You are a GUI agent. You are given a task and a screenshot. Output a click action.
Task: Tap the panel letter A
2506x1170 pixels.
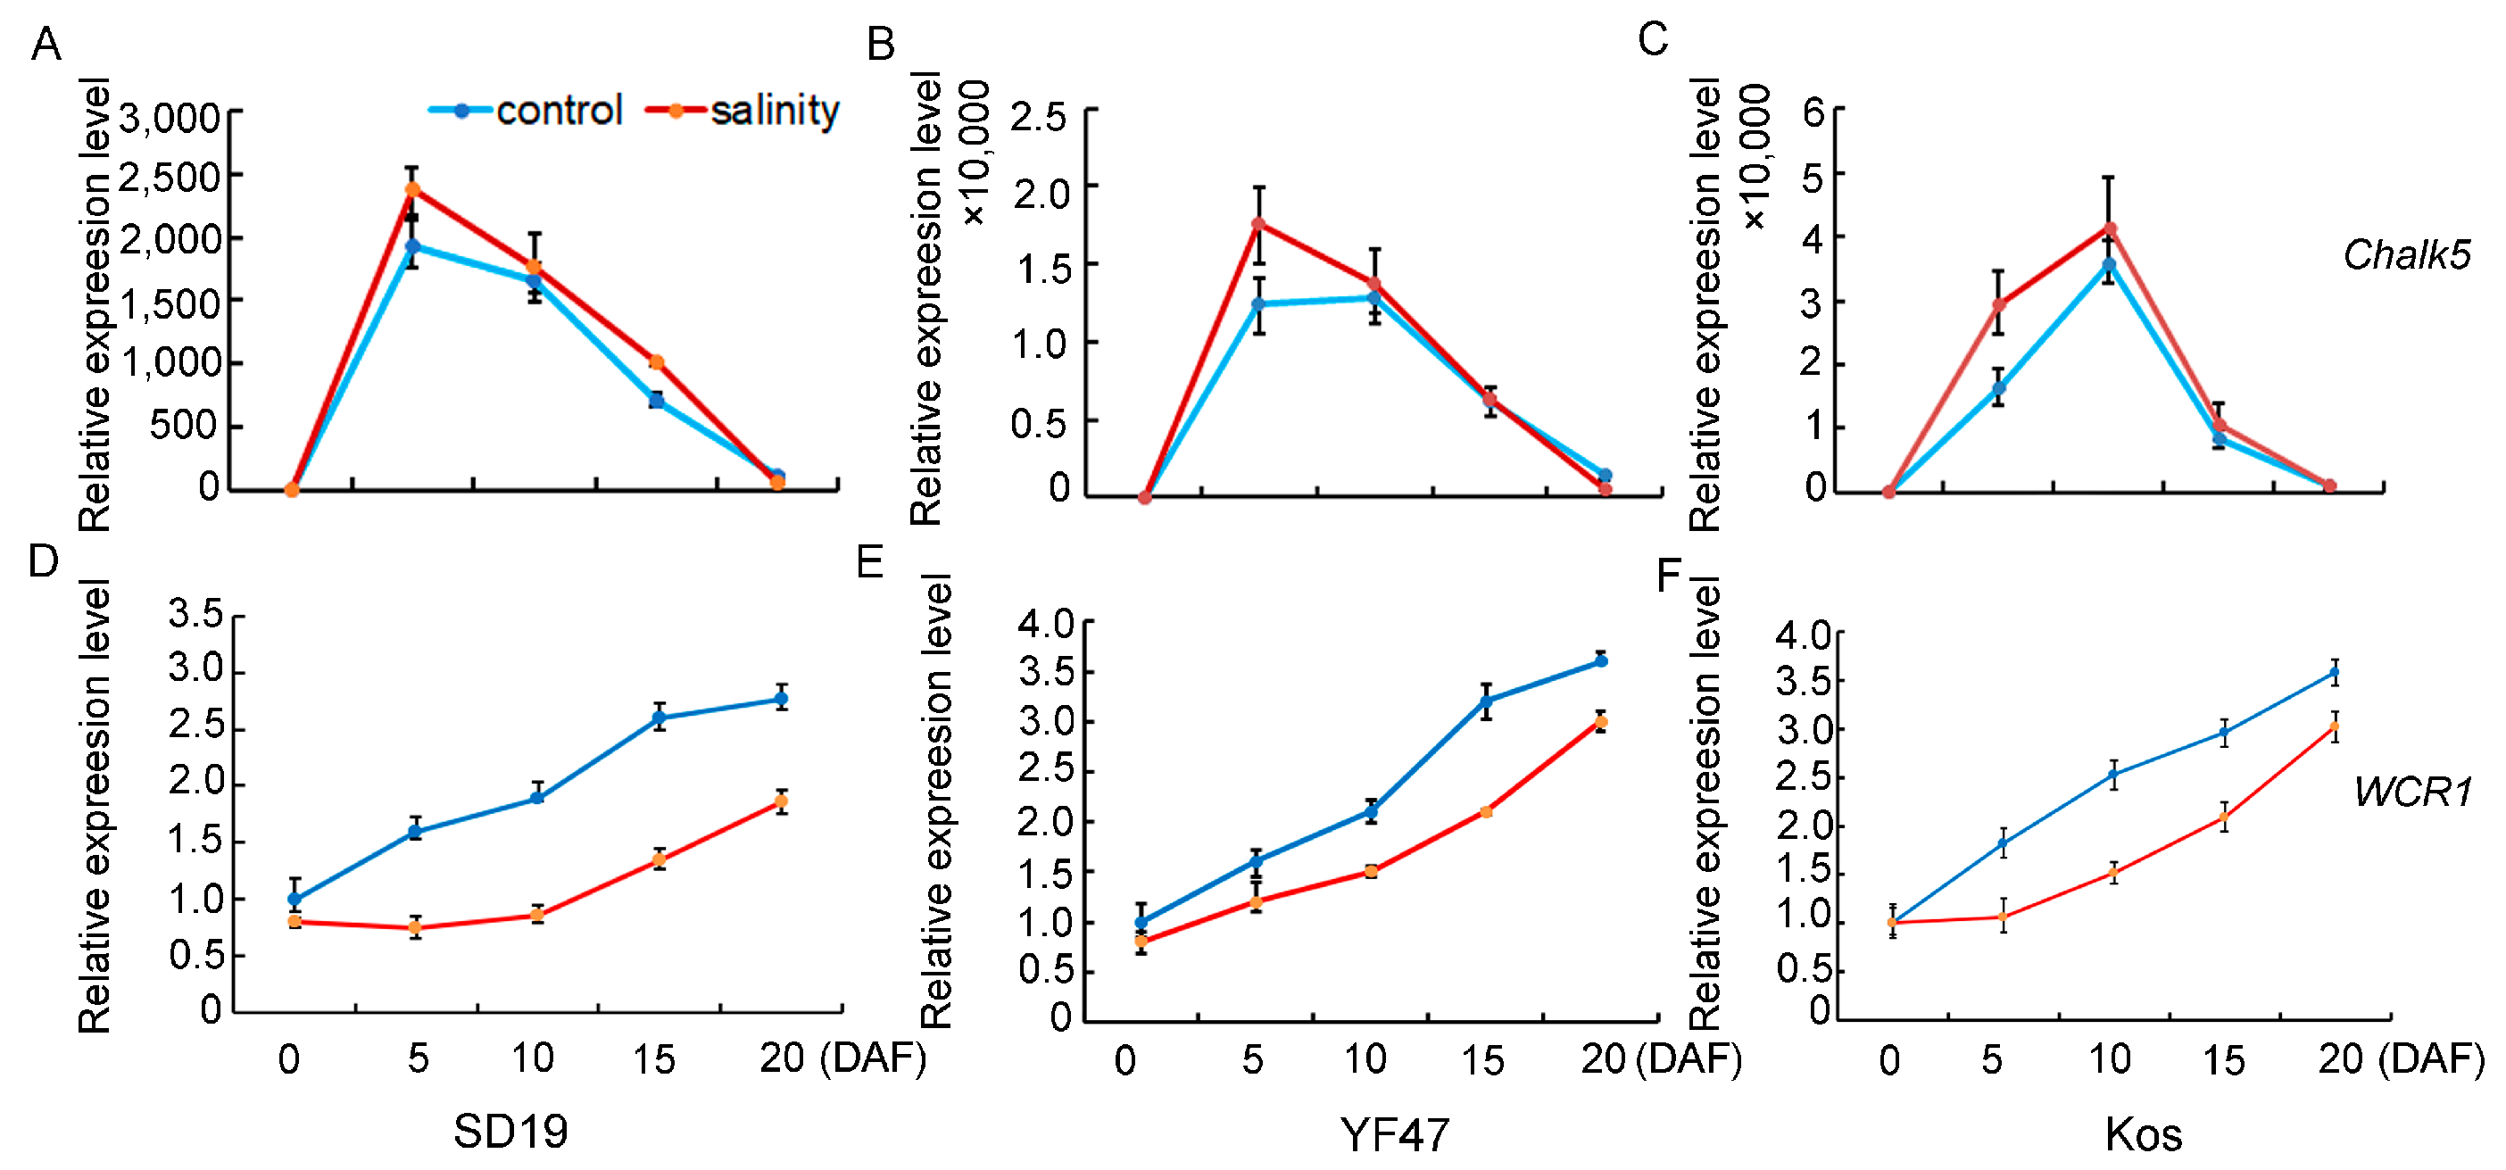(46, 45)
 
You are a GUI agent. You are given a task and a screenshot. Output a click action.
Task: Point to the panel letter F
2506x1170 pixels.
(1668, 576)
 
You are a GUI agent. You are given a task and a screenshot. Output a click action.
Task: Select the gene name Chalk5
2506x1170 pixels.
(2406, 255)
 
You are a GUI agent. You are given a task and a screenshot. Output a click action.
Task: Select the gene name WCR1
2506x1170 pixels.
(2412, 792)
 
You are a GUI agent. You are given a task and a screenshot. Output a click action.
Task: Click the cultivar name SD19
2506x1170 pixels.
(510, 1131)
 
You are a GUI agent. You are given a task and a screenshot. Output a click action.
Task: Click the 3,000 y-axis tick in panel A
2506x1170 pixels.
(170, 119)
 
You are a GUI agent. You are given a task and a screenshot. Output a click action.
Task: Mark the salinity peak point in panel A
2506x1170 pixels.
(412, 188)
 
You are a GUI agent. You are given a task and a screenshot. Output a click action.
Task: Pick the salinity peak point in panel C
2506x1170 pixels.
(2109, 229)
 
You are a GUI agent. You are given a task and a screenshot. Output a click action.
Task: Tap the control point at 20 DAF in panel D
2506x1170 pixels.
(780, 698)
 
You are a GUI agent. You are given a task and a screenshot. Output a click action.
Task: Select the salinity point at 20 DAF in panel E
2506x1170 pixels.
(1600, 722)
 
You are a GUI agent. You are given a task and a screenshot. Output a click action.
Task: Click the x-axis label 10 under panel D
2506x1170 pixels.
(532, 1058)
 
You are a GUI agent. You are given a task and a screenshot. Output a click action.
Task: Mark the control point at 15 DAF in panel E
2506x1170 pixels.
(1486, 701)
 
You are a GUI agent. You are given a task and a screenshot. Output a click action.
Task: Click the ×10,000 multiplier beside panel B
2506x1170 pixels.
(975, 154)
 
